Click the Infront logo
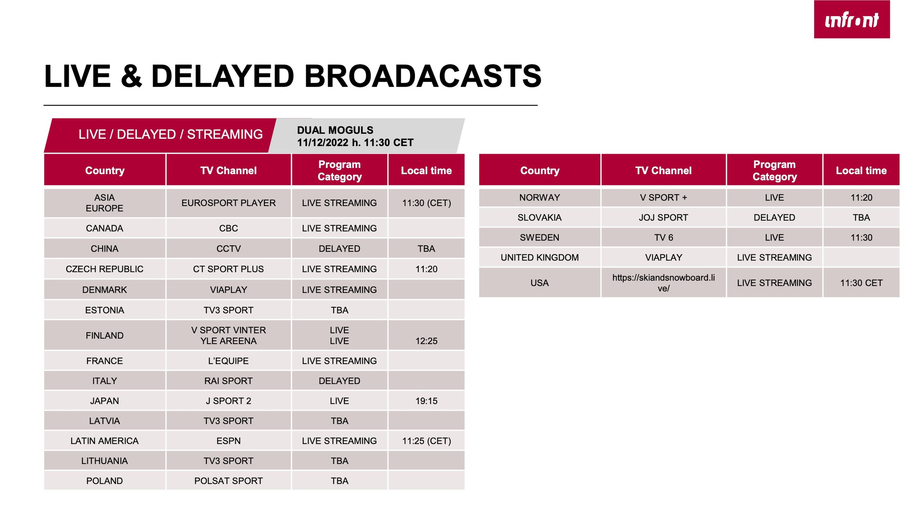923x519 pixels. [x=852, y=19]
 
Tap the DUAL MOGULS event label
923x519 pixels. [x=335, y=130]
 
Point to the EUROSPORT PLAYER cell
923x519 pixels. [x=229, y=203]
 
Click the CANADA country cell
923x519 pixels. [x=104, y=228]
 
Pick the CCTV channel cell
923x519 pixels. [x=229, y=249]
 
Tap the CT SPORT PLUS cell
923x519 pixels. [x=229, y=269]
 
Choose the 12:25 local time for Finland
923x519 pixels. [x=426, y=341]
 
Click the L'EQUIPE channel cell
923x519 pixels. [x=229, y=361]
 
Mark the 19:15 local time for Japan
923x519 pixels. [x=426, y=401]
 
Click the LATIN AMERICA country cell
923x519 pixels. [x=104, y=441]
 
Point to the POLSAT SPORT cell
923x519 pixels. [x=229, y=481]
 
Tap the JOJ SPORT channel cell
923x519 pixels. [x=664, y=218]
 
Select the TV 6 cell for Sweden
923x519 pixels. [x=664, y=238]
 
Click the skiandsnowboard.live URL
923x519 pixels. [x=664, y=283]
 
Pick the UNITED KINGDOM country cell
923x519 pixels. [x=540, y=258]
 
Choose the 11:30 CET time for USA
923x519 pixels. [x=861, y=283]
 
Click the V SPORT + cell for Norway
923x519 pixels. [x=664, y=198]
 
